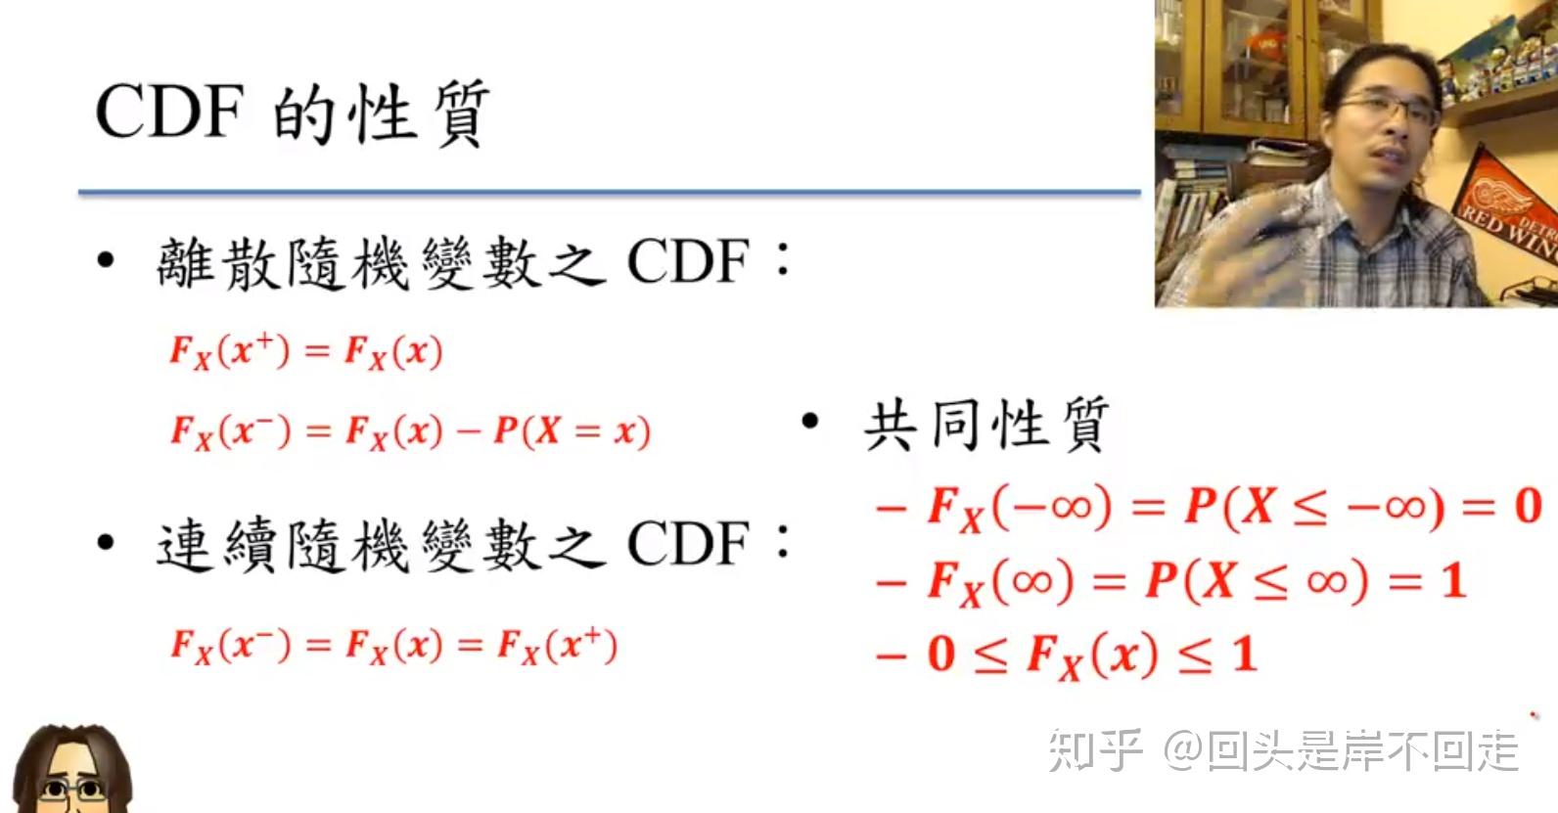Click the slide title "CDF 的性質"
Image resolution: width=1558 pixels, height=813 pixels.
point(292,113)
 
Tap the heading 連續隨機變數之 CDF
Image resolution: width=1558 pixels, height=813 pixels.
point(452,544)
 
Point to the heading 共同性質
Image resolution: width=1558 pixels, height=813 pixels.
point(985,425)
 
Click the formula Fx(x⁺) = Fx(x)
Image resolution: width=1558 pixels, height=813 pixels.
point(306,351)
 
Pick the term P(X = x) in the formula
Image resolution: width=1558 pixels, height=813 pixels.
point(572,430)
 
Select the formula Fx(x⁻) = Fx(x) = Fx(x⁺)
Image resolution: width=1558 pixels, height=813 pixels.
point(393,646)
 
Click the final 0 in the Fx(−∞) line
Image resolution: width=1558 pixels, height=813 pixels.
point(1528,507)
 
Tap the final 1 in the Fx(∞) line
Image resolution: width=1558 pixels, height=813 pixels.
point(1453,581)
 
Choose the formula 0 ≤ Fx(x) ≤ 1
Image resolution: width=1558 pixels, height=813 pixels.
point(1091,655)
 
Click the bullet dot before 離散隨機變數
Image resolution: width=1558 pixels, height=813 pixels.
point(106,261)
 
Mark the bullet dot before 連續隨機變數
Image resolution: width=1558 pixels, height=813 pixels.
point(106,543)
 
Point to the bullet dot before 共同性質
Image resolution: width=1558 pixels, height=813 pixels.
point(809,423)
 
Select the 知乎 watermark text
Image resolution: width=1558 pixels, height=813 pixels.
point(1095,751)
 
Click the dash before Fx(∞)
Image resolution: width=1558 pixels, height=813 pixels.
point(892,583)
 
